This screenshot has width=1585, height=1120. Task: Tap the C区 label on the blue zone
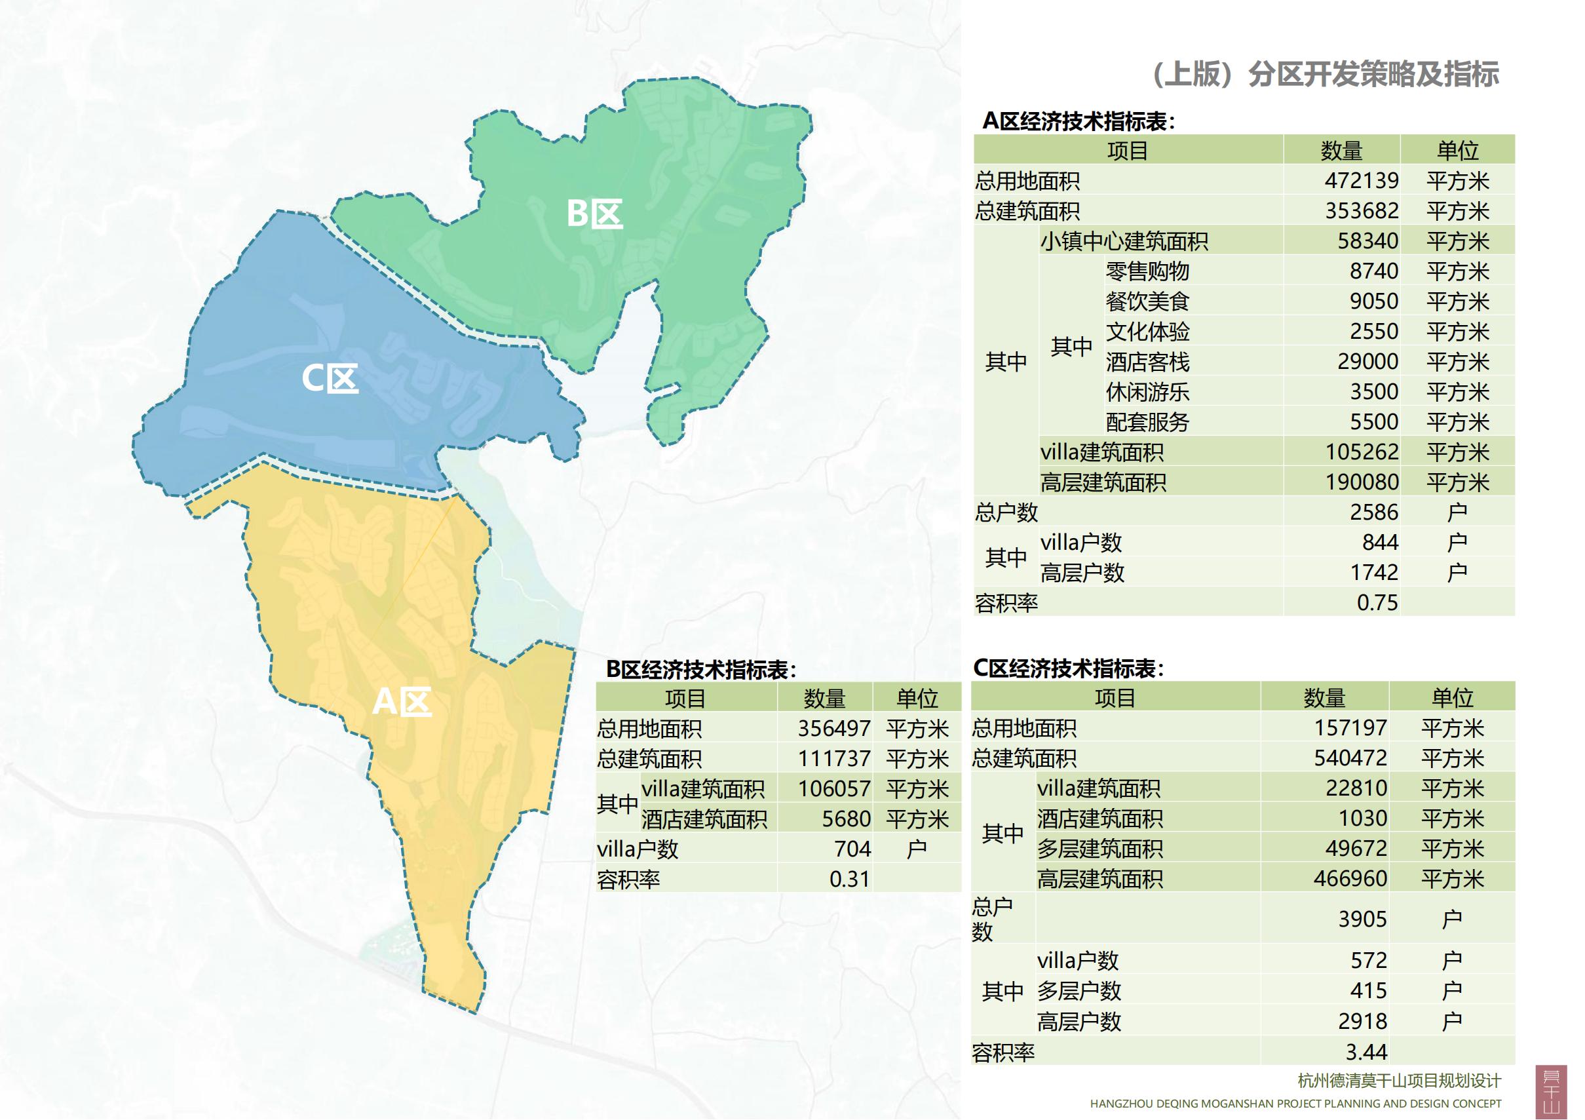330,378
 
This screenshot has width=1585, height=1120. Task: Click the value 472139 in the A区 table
1361,180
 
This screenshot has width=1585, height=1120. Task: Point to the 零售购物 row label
1147,271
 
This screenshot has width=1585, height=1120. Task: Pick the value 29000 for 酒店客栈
1367,361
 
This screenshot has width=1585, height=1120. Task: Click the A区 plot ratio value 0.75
1377,602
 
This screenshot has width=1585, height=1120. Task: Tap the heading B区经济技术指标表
700,669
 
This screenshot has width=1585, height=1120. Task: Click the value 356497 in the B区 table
834,728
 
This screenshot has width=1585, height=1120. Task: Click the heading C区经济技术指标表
1068,668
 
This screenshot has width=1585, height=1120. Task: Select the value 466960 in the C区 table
1350,878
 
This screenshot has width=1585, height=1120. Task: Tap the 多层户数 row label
1079,991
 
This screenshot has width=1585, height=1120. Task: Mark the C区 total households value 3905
1362,918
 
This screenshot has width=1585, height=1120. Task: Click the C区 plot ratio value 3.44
1365,1052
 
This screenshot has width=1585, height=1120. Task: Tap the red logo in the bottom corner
1550,1091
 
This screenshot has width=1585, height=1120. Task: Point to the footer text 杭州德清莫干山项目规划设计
1399,1081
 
